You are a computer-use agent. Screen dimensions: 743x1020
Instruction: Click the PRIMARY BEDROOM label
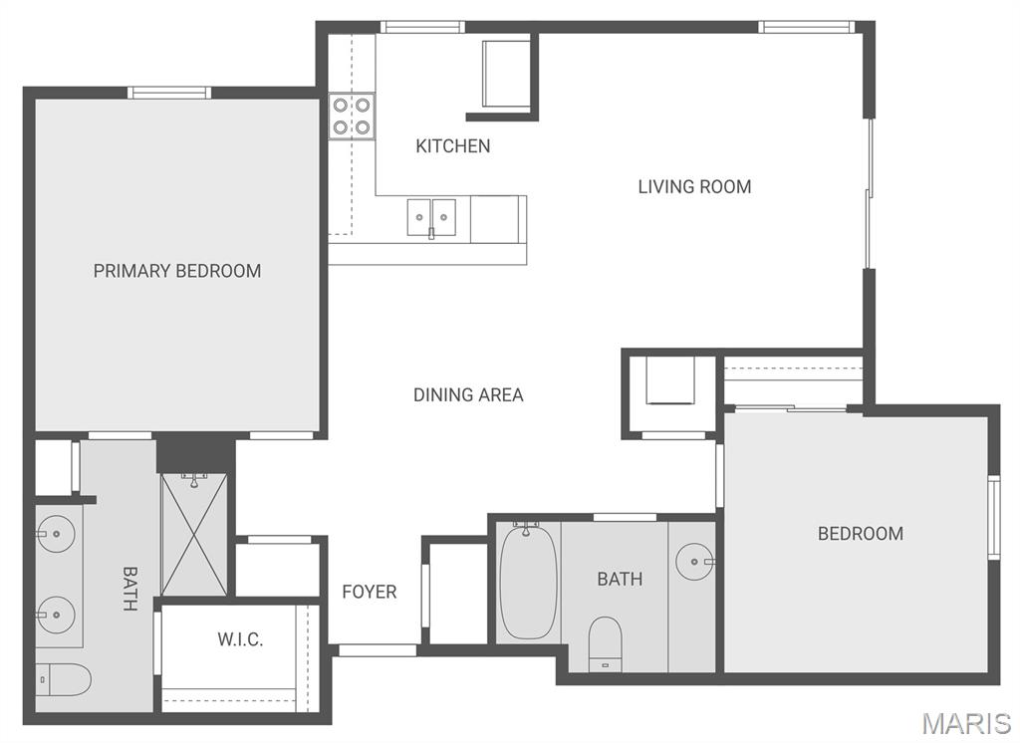click(x=177, y=271)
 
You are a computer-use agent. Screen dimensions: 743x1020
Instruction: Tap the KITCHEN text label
click(x=452, y=146)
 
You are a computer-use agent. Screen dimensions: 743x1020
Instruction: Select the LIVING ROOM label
click(x=694, y=186)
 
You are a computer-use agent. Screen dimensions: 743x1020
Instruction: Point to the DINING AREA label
click(x=468, y=395)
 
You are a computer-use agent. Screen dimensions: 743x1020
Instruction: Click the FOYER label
click(x=370, y=592)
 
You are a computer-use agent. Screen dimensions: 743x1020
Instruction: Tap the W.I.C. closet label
click(x=240, y=639)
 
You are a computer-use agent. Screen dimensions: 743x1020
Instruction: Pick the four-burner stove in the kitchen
click(x=352, y=116)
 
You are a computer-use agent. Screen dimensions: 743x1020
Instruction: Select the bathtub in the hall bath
click(x=528, y=584)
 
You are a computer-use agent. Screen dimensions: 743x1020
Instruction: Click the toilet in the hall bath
click(x=605, y=642)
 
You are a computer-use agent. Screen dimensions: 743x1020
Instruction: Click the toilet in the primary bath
click(x=64, y=679)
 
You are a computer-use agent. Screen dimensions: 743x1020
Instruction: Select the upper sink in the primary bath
click(x=57, y=535)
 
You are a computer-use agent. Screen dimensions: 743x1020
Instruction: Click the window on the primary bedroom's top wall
click(x=169, y=93)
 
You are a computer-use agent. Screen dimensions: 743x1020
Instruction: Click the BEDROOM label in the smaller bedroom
click(x=861, y=534)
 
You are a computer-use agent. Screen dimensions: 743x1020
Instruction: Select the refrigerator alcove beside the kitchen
click(x=506, y=75)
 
